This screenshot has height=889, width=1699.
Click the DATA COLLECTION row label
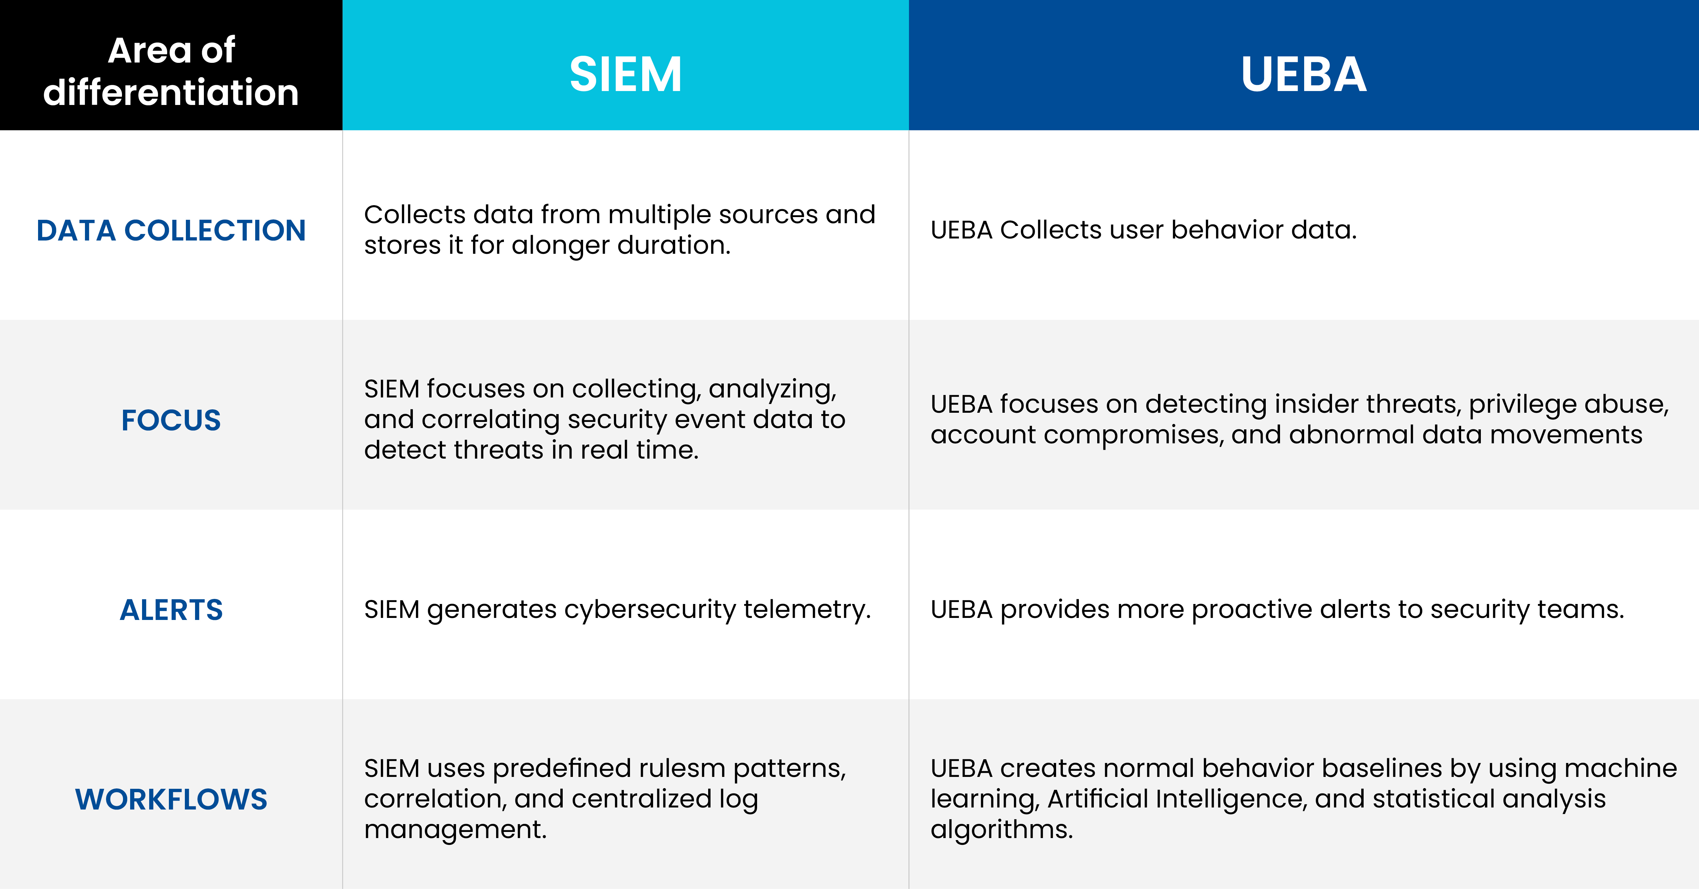(x=171, y=230)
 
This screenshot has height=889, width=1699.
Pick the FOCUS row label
(x=171, y=420)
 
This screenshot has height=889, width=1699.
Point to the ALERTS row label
(x=171, y=610)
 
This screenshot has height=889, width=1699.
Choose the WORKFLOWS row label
(x=171, y=799)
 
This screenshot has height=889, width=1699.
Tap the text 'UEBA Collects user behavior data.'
(x=1144, y=230)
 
